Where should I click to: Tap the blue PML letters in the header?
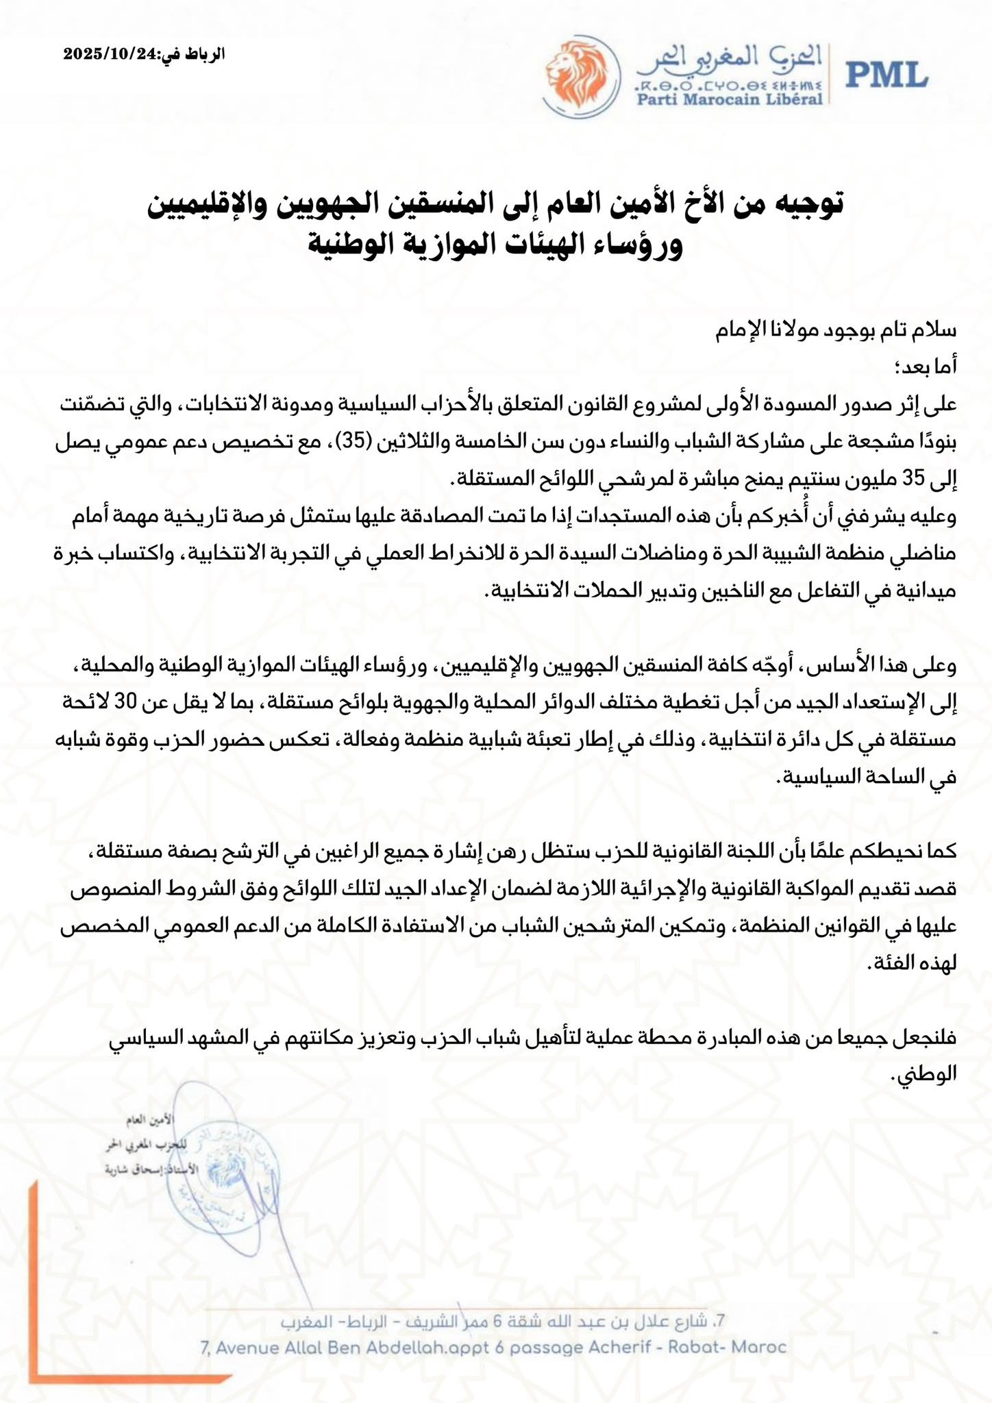886,74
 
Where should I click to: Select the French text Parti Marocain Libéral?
730,99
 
